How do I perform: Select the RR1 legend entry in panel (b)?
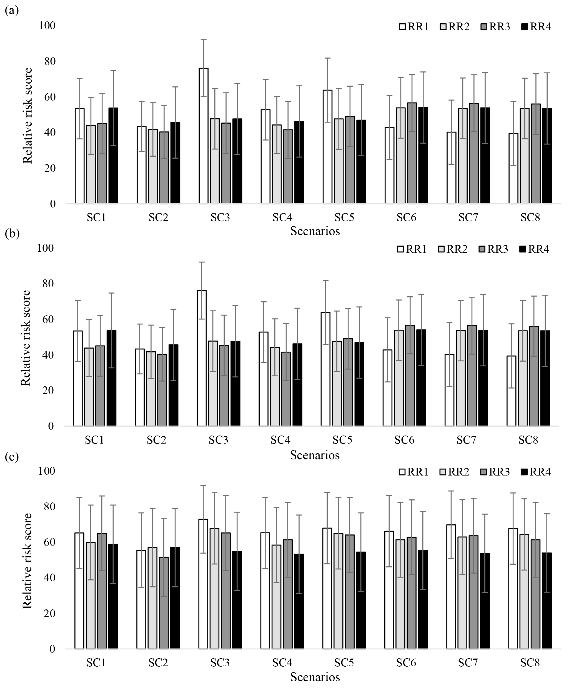[x=412, y=249]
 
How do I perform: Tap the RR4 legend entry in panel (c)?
[x=536, y=472]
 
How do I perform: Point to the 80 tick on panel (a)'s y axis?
[x=47, y=61]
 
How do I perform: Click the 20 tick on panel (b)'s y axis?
[x=45, y=391]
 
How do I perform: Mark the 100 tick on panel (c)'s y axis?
[x=47, y=471]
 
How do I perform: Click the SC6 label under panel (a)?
[x=406, y=217]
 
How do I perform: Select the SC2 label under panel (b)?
[x=156, y=440]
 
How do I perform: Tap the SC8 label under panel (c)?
[x=530, y=662]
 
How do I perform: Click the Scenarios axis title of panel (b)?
[x=315, y=455]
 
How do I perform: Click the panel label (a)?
[x=12, y=11]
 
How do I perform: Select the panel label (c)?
[x=12, y=457]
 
